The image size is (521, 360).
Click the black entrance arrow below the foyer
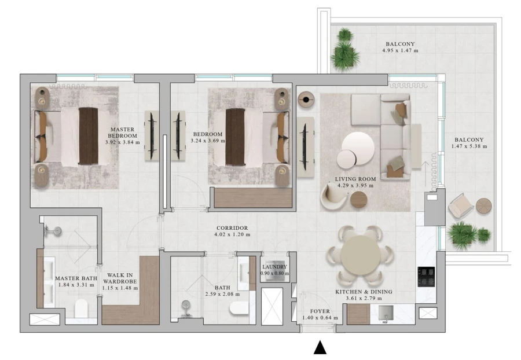click(x=320, y=347)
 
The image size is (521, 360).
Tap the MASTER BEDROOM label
click(x=122, y=132)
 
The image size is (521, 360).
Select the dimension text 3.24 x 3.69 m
click(x=208, y=141)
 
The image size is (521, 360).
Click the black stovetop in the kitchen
click(x=426, y=276)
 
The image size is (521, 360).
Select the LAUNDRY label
click(x=274, y=267)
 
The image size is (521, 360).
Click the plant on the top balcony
click(x=344, y=50)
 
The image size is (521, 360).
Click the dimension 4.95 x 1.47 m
click(x=400, y=51)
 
